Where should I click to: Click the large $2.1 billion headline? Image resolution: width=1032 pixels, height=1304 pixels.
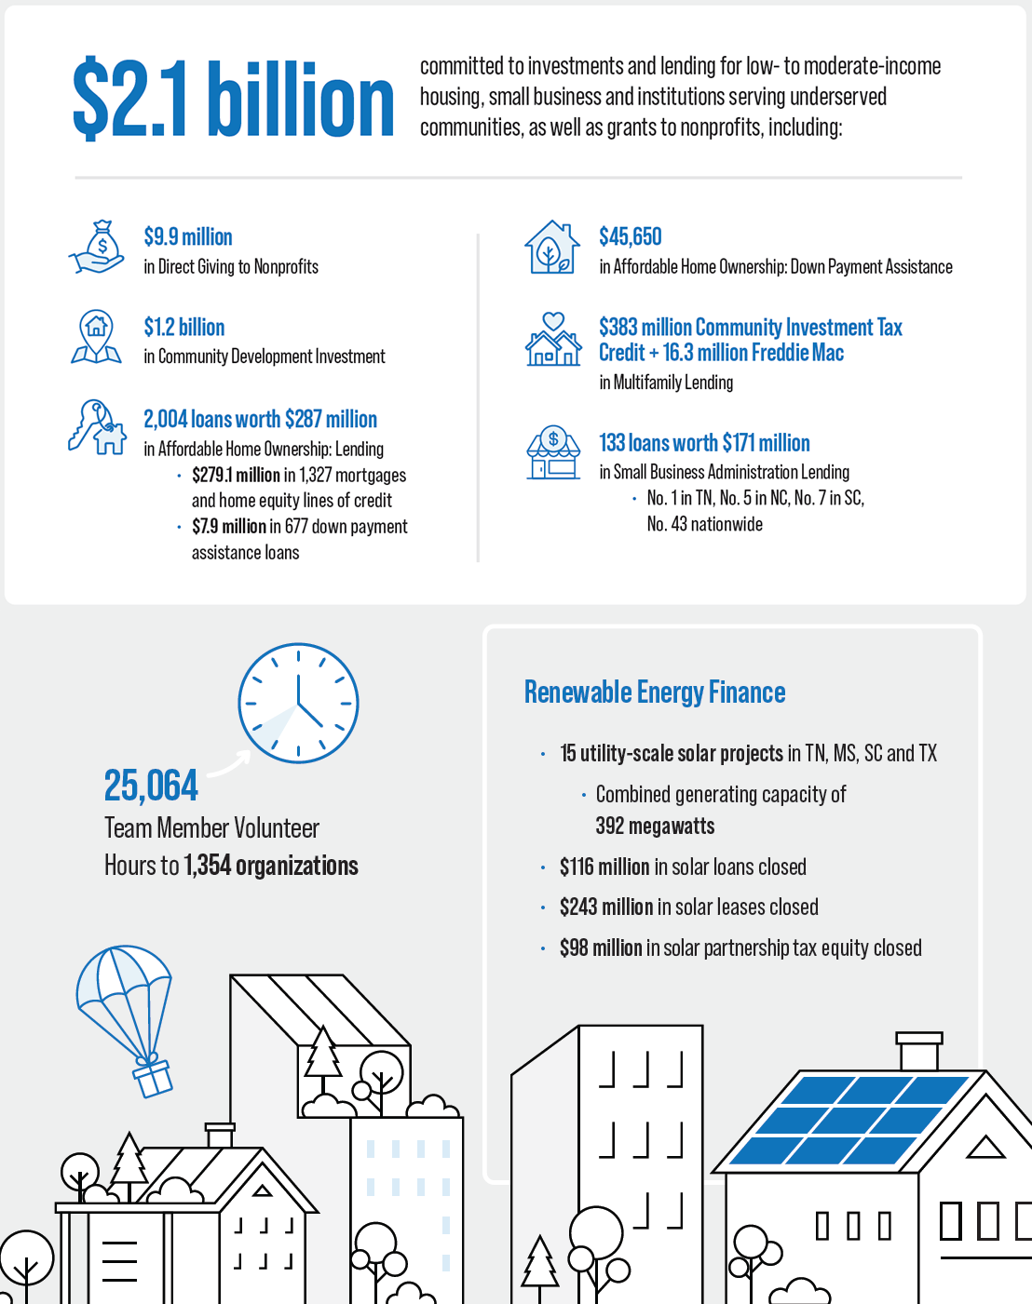[233, 99]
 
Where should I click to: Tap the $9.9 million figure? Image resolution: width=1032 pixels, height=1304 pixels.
[188, 236]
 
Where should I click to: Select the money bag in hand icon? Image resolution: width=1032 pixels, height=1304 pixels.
[98, 248]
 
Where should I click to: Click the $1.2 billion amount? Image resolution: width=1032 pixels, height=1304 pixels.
[184, 327]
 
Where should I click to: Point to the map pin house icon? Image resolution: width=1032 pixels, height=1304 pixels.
[96, 336]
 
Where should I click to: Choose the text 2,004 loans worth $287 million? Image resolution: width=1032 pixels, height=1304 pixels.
[260, 419]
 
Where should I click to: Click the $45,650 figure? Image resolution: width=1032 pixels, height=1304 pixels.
[631, 236]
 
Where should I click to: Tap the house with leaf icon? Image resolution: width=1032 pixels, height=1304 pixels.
[552, 248]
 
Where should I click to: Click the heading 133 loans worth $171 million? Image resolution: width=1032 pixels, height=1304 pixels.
[704, 443]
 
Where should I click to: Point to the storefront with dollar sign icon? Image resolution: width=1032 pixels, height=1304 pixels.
[553, 452]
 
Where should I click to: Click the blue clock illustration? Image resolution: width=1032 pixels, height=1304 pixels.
[298, 703]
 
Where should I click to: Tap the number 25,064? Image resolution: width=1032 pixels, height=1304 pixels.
[151, 786]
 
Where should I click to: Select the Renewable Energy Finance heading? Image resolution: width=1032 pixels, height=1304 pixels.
[655, 692]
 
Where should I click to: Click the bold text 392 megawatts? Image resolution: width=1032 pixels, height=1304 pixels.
[655, 827]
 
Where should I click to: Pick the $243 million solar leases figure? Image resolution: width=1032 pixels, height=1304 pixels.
[606, 907]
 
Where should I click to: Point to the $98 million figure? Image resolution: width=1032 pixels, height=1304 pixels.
[601, 948]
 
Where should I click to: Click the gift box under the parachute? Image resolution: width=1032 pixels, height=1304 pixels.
[152, 1078]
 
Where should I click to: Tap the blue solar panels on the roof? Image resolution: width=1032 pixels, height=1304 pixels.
[848, 1120]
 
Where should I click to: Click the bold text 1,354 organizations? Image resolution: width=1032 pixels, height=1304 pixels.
[271, 866]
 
